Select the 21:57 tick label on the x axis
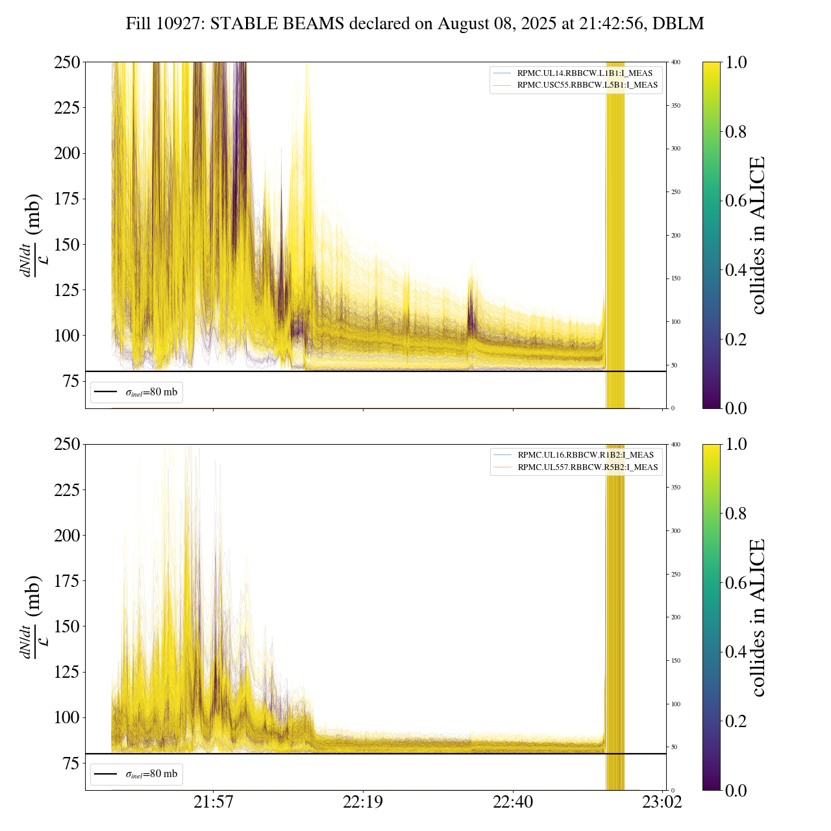[x=213, y=802]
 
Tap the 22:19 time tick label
[x=363, y=802]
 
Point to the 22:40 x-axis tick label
[x=513, y=802]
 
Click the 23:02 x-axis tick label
[x=662, y=802]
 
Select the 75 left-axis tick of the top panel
[x=69, y=381]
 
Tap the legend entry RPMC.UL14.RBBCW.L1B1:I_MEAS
[x=584, y=73]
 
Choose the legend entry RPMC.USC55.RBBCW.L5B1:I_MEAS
[x=587, y=85]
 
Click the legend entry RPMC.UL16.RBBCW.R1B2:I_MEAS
[x=585, y=455]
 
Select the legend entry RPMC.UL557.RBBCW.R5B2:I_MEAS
[x=588, y=467]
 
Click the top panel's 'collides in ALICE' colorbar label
[x=758, y=235]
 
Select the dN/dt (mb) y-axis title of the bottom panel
[x=32, y=617]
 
